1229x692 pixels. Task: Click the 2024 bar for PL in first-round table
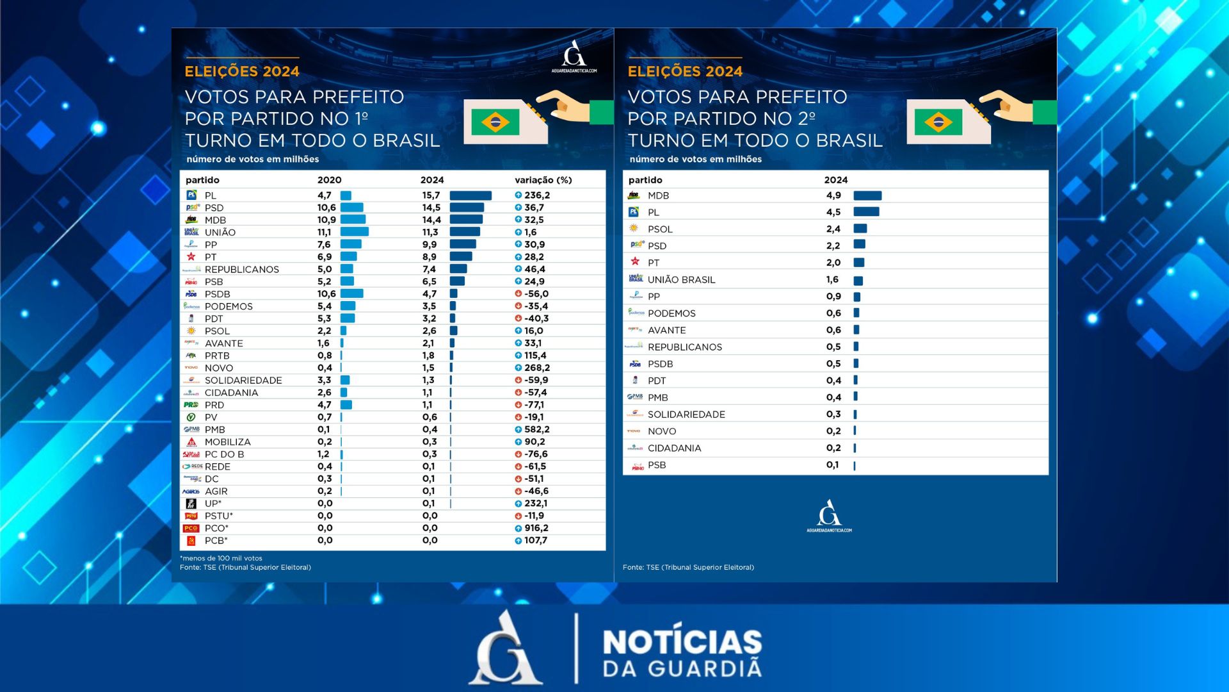coord(470,195)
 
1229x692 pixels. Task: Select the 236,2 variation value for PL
coord(537,195)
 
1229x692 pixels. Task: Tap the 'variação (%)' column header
coord(543,180)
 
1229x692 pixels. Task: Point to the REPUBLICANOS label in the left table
coord(241,270)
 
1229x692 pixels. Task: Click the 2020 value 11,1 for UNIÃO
coord(324,233)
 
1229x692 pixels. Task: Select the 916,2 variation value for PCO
coord(536,528)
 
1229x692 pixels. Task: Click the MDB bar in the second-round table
coord(867,195)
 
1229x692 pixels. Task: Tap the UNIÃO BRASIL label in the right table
coord(681,280)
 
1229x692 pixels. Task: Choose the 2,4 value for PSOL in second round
coord(833,229)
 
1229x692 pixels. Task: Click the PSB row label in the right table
coord(656,465)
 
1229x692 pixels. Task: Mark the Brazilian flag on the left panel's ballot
coord(495,122)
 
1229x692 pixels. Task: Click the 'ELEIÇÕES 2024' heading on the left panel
coord(242,71)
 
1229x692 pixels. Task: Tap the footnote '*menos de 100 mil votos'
coord(221,558)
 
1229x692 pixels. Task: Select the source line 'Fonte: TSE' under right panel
coord(688,567)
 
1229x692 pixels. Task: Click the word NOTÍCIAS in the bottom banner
coord(682,642)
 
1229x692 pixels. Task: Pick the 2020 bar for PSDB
coord(351,294)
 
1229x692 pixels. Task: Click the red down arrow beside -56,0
coord(518,294)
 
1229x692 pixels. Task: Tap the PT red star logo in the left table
coord(191,257)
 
